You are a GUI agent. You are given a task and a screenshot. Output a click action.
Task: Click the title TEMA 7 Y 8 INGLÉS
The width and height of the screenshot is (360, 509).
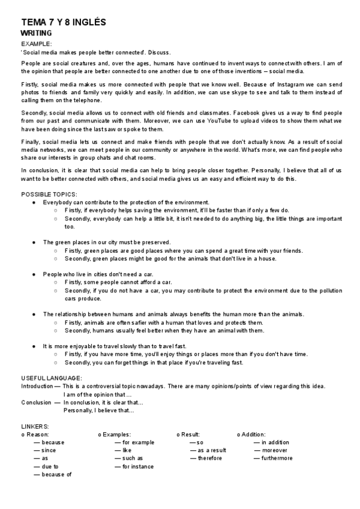coord(63,22)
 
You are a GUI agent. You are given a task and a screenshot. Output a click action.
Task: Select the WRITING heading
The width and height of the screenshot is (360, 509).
coord(36,33)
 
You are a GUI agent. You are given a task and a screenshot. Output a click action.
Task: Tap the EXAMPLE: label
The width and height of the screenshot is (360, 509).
coord(37,44)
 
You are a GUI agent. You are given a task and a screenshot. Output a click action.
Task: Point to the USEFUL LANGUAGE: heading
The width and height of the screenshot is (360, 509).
coord(52,378)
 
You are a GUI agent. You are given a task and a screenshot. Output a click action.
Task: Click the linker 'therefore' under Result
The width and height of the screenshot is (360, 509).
coord(209,458)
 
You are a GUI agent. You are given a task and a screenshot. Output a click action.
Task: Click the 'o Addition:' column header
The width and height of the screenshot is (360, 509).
coord(251,434)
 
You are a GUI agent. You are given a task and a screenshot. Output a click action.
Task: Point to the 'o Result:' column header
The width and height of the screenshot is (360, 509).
coord(188,434)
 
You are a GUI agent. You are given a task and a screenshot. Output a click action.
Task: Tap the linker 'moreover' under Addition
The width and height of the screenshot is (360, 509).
coord(274,450)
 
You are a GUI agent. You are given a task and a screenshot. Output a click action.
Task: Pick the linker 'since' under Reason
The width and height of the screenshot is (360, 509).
coord(49,450)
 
